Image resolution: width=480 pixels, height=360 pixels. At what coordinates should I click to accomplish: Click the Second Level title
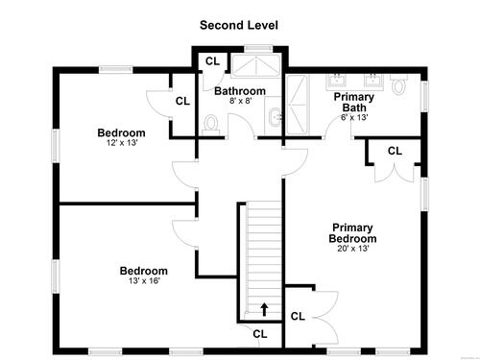tap(239, 25)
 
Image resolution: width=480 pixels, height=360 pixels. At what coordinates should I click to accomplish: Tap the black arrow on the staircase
tap(264, 309)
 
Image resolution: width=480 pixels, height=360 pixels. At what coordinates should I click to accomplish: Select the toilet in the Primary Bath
tap(398, 84)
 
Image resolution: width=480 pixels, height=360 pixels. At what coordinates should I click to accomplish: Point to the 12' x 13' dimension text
tap(122, 143)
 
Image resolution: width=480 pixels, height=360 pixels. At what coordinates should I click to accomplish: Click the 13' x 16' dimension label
tap(144, 281)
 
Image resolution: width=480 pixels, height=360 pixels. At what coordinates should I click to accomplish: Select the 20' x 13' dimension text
tap(353, 249)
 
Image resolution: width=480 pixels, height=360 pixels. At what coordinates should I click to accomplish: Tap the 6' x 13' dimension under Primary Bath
tap(354, 117)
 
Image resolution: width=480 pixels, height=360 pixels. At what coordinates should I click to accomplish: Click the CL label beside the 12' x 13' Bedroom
tap(182, 101)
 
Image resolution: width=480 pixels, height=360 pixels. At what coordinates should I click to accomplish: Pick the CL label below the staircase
tap(260, 334)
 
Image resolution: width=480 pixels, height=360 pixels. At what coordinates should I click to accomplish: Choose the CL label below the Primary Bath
tap(395, 151)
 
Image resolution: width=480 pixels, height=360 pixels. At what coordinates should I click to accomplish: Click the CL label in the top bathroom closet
tap(213, 61)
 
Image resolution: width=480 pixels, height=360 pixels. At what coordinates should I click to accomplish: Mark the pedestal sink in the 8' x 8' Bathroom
tap(274, 116)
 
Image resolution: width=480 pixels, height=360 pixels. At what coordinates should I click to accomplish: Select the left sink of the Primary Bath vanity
tap(336, 81)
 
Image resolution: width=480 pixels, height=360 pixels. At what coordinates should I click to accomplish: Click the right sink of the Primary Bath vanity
tap(373, 81)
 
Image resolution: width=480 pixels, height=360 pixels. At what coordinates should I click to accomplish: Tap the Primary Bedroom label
tap(352, 233)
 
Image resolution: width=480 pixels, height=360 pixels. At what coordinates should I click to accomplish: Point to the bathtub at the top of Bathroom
tap(256, 66)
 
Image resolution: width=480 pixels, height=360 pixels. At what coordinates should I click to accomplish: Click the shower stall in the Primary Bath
tap(298, 105)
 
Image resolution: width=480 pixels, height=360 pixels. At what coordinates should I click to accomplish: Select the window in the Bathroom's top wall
tap(258, 49)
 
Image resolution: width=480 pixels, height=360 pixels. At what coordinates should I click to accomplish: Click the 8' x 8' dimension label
tap(241, 101)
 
